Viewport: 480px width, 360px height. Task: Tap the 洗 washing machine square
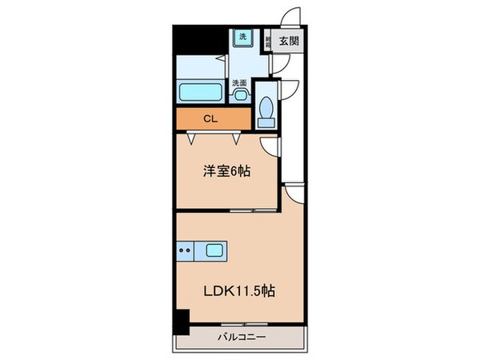click(x=242, y=37)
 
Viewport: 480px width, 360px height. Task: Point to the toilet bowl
click(x=267, y=110)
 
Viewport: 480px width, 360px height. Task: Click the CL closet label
click(x=210, y=119)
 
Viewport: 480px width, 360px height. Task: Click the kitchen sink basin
click(x=214, y=250)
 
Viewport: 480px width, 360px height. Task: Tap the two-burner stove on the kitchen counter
click(x=185, y=250)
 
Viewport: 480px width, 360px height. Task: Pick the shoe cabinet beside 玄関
click(x=271, y=42)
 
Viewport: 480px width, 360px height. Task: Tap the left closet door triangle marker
click(x=193, y=138)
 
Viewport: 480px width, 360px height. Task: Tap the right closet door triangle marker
click(x=237, y=138)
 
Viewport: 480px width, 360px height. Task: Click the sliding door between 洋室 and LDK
click(x=244, y=210)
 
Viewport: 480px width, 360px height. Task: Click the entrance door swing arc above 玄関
click(x=293, y=18)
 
